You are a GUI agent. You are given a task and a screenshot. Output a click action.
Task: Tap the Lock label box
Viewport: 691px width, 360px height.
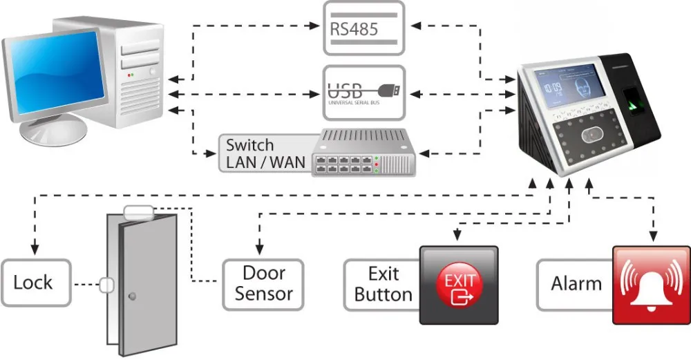click(x=34, y=283)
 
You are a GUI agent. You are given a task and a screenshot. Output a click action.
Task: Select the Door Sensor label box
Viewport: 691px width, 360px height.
click(x=263, y=283)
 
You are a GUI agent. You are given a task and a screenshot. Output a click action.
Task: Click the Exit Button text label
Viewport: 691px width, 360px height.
click(x=383, y=284)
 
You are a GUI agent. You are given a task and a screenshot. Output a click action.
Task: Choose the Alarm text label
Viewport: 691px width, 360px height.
click(x=576, y=284)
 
